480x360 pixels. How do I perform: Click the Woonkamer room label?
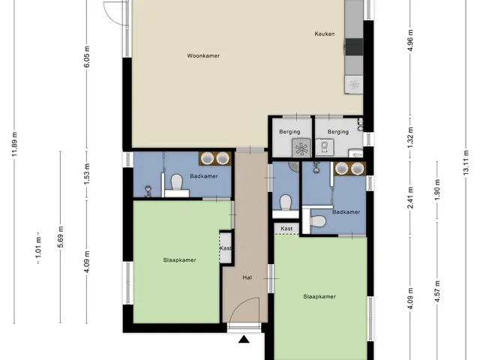(203, 55)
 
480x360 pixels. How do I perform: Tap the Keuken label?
(325, 34)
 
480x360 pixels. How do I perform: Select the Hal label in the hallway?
(247, 277)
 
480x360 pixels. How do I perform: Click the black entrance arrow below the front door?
(244, 339)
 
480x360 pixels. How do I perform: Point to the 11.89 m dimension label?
(15, 144)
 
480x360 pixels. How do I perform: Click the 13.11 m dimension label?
(466, 162)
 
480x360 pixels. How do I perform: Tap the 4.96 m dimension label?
(410, 40)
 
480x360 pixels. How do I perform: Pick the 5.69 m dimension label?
(61, 237)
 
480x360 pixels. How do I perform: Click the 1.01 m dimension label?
(38, 248)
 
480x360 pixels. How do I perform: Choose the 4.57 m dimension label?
(437, 292)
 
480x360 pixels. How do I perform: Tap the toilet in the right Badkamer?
(318, 221)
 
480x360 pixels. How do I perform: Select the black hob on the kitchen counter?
(354, 46)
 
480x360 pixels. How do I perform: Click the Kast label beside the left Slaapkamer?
(225, 248)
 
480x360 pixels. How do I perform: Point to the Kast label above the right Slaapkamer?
(286, 228)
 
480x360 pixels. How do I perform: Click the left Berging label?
(289, 132)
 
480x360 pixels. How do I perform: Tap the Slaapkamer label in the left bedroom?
(179, 260)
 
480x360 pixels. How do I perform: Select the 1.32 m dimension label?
(410, 137)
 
